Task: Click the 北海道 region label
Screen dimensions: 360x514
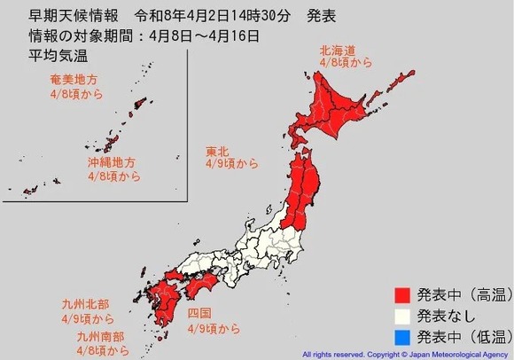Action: click(339, 51)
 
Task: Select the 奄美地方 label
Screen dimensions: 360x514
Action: click(74, 80)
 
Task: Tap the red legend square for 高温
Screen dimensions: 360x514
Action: click(402, 293)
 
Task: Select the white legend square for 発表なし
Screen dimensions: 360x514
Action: click(402, 314)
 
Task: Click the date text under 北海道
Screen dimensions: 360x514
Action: click(339, 64)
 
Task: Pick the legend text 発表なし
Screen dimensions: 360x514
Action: click(448, 314)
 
